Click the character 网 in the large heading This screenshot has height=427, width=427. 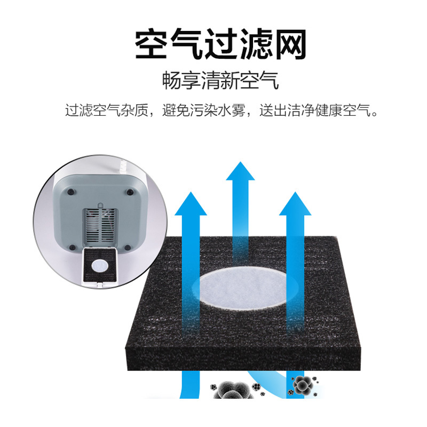pyautogui.click(x=291, y=44)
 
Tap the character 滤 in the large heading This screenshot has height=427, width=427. pyautogui.click(x=256, y=44)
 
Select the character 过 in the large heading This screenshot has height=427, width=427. pyautogui.click(x=221, y=44)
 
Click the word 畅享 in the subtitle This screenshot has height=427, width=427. pyautogui.click(x=181, y=81)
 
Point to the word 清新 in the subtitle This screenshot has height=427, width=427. pyautogui.click(x=220, y=81)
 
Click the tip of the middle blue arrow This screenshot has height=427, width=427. pyautogui.click(x=240, y=162)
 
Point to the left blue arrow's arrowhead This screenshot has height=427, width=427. pyautogui.click(x=191, y=204)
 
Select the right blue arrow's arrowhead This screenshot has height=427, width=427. pyautogui.click(x=295, y=204)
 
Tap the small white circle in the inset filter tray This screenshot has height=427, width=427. pyautogui.click(x=100, y=266)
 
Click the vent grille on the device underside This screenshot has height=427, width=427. pyautogui.click(x=100, y=226)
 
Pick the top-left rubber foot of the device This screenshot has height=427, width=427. pyautogui.click(x=71, y=192)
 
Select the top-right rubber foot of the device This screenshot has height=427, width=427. pyautogui.click(x=130, y=192)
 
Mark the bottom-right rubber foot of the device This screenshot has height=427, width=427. pyautogui.click(x=128, y=248)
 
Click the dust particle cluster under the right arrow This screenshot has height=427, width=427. pyautogui.click(x=302, y=385)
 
